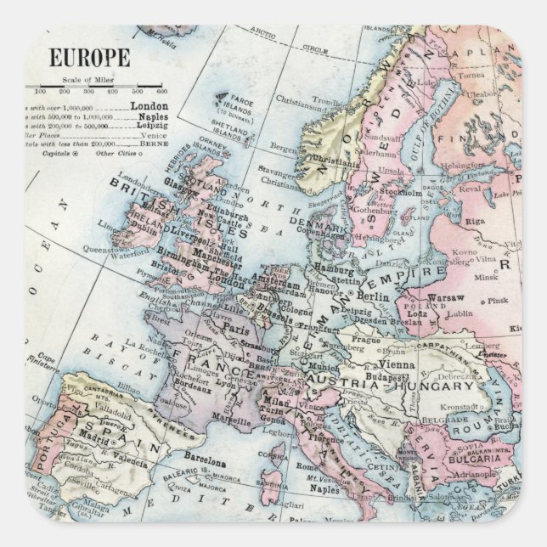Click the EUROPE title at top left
click(89, 59)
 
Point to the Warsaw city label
click(446, 298)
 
